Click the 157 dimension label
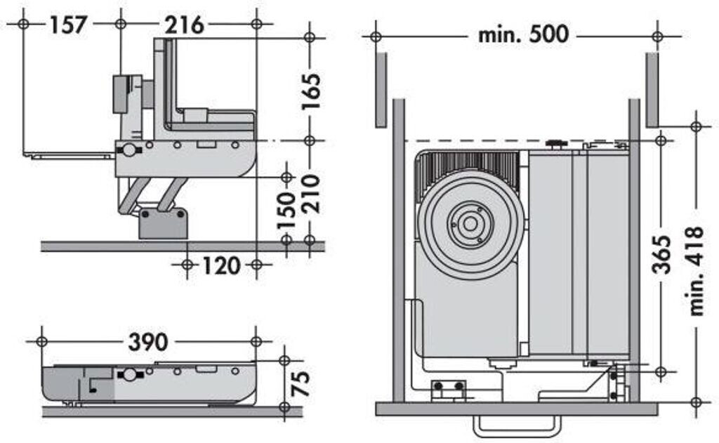[x=68, y=25]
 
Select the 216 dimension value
[x=185, y=25]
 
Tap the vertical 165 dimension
[x=311, y=89]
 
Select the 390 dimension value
[x=147, y=342]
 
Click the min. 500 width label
[x=523, y=34]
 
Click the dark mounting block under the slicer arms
[x=164, y=223]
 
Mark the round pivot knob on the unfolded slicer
[x=129, y=150]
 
